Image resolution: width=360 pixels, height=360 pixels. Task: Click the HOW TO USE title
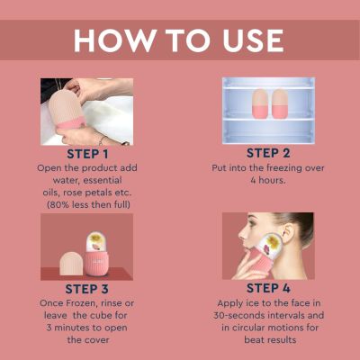179,40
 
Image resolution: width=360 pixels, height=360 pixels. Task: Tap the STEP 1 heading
86,154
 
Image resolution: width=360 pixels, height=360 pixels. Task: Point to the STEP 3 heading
86,289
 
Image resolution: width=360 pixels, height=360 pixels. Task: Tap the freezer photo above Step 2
268,110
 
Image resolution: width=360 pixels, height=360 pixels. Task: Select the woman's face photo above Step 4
268,246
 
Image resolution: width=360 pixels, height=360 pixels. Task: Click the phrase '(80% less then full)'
86,206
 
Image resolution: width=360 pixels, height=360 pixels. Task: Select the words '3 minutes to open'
86,328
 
